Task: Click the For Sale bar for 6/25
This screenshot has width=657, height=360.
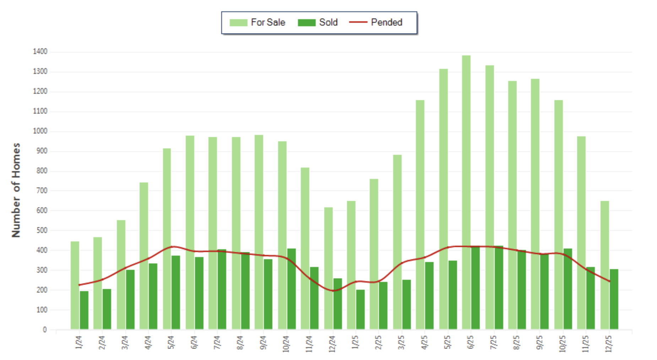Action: [x=466, y=192]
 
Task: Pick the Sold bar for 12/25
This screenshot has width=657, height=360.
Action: [x=614, y=299]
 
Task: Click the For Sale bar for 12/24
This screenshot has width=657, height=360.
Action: [x=328, y=268]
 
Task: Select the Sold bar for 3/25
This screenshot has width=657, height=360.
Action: [x=406, y=304]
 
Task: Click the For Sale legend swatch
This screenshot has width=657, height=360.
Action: [x=238, y=23]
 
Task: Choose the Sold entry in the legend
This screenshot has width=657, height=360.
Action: [x=328, y=22]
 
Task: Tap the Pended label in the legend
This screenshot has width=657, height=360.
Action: [x=386, y=22]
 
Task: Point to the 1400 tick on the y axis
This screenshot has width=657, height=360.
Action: [x=40, y=52]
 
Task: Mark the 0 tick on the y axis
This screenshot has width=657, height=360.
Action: [x=45, y=330]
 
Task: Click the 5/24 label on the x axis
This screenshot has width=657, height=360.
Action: [x=171, y=342]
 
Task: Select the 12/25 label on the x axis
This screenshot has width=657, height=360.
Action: [x=609, y=343]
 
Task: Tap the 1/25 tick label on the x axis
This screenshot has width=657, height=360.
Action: [x=355, y=342]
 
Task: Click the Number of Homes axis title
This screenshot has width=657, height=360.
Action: [x=16, y=190]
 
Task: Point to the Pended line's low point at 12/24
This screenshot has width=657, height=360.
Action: [x=333, y=291]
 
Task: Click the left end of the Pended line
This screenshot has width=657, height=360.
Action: [x=79, y=285]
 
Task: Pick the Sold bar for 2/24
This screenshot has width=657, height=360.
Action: [x=107, y=309]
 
